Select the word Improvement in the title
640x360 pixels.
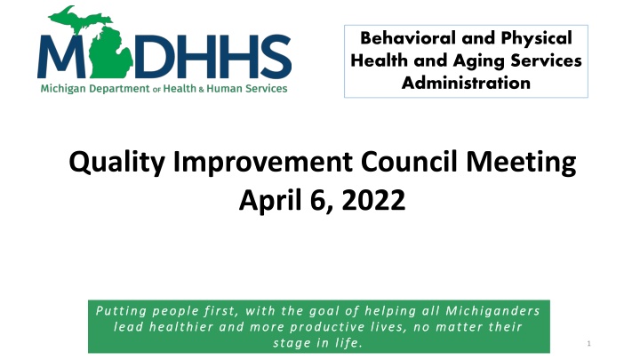click(263, 163)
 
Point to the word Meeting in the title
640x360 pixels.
click(521, 163)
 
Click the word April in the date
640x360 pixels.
click(270, 201)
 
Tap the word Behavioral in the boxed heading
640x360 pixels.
click(409, 38)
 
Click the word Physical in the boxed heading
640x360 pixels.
click(536, 39)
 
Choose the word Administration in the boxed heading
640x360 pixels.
click(466, 83)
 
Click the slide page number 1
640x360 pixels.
click(588, 343)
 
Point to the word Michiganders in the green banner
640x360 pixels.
click(492, 311)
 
